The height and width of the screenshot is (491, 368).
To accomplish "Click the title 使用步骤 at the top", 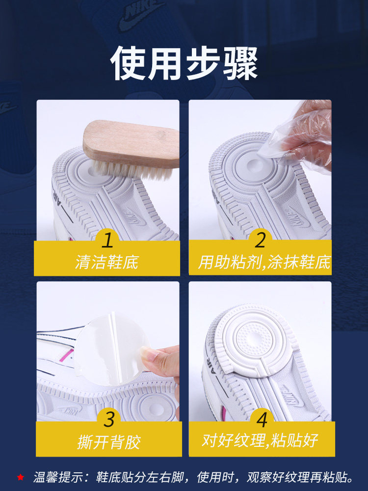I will pos(184,64).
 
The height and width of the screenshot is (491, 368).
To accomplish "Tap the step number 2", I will pos(260,240).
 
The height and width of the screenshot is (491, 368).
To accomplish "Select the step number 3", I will pos(109,420).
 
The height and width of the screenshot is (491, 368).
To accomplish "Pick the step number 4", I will pos(262,420).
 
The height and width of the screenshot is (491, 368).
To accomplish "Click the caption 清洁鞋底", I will pos(107,262).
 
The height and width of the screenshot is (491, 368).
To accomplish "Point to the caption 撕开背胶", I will pos(109,442).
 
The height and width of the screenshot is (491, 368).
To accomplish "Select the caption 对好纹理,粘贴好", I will pos(260,440).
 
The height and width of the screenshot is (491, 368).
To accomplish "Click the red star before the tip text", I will pos(20,477).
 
